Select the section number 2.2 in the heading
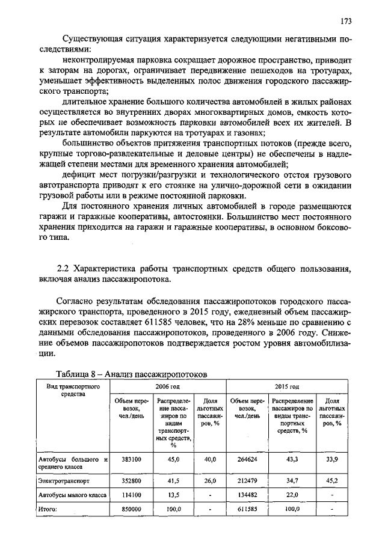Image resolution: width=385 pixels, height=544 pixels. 63,268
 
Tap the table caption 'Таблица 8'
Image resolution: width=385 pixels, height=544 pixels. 79,373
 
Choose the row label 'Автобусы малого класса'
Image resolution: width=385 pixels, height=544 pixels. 72,495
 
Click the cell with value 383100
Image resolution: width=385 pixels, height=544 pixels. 131,459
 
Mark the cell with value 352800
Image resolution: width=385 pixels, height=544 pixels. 131,481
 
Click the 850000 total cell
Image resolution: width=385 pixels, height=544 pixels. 131,509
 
